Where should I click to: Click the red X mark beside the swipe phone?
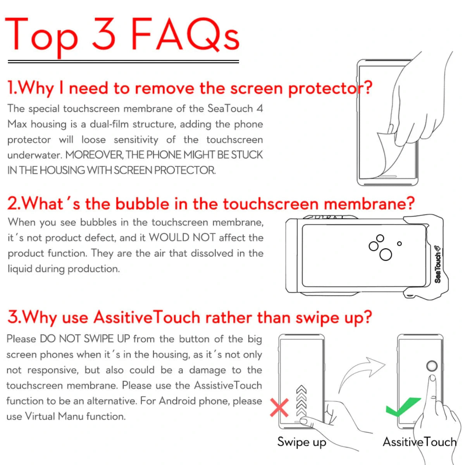279,408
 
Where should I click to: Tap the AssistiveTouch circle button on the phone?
432,366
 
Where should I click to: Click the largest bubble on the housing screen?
386,255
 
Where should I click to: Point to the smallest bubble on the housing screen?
399,244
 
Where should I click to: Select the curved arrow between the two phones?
360,374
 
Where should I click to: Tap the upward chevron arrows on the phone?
301,401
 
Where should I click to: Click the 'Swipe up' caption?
301,442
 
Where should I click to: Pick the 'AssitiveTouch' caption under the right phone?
419,442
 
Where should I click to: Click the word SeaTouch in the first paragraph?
230,108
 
